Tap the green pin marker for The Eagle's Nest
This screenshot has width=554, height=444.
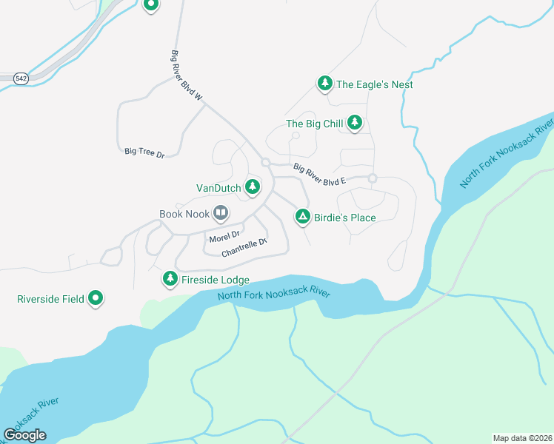324,84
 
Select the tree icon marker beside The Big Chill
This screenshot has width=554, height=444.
355,123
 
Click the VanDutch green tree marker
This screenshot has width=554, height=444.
253,188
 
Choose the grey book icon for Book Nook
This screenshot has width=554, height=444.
221,214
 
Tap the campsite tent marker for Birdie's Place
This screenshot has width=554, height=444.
302,217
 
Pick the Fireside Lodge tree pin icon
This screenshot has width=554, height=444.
170,279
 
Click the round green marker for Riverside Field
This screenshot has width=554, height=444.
96,299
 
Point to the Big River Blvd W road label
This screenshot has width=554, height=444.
187,81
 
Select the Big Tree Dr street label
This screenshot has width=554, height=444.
144,152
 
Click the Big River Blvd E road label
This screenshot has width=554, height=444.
319,174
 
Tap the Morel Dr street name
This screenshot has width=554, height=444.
224,237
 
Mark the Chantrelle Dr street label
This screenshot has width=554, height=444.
244,248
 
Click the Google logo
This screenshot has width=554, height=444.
24,435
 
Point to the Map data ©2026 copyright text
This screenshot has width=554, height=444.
522,437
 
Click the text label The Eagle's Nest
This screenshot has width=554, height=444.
374,84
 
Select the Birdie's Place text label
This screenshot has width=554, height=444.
345,218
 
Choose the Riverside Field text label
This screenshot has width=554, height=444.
50,300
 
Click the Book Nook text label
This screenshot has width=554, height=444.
184,214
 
